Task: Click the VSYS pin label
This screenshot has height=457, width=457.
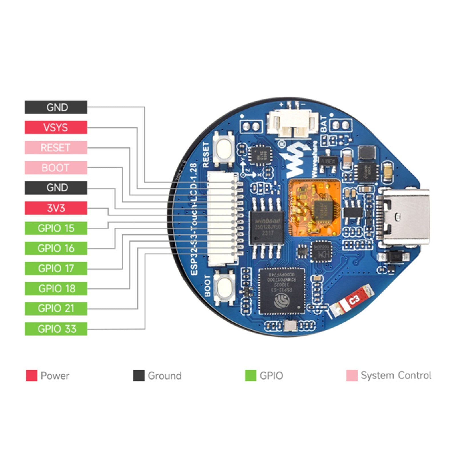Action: (x=56, y=127)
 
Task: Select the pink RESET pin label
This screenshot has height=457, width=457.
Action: (x=56, y=148)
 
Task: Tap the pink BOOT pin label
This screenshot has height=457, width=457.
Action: (x=56, y=168)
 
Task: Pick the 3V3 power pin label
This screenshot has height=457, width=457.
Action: (x=56, y=208)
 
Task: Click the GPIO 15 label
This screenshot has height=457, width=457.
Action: (x=56, y=228)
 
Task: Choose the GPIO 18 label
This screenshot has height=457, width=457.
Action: (x=56, y=288)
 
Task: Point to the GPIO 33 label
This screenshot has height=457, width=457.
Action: (x=56, y=329)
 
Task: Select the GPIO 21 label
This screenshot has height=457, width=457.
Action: (x=56, y=308)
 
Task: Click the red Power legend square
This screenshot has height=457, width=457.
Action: (x=31, y=376)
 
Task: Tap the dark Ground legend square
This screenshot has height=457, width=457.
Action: (x=139, y=376)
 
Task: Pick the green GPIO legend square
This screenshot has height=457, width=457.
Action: (x=250, y=376)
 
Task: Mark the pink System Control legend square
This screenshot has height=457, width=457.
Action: (x=352, y=376)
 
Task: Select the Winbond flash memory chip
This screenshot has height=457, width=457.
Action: (x=267, y=228)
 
